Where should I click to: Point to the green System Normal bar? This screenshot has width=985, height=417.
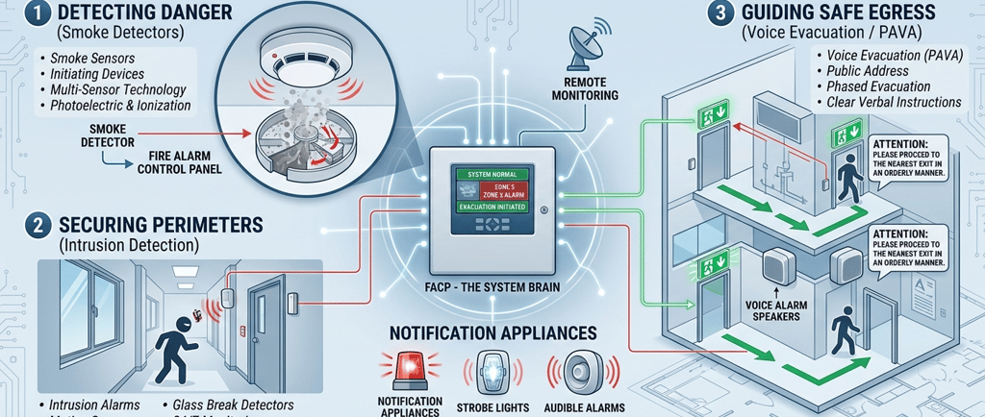click(492, 174)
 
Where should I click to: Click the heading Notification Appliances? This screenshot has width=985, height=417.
click(492, 333)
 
